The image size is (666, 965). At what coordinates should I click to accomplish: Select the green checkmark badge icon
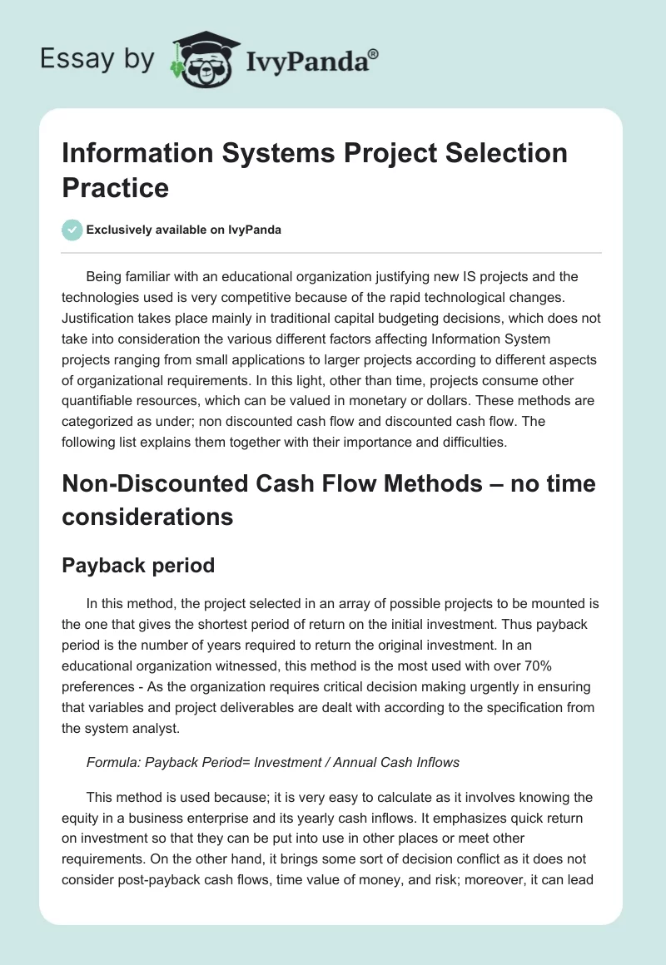point(72,230)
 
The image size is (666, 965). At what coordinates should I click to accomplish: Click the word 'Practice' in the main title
point(116,187)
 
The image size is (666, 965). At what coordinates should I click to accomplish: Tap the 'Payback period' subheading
point(138,566)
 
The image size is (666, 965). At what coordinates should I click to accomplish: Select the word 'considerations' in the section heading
point(147,517)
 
